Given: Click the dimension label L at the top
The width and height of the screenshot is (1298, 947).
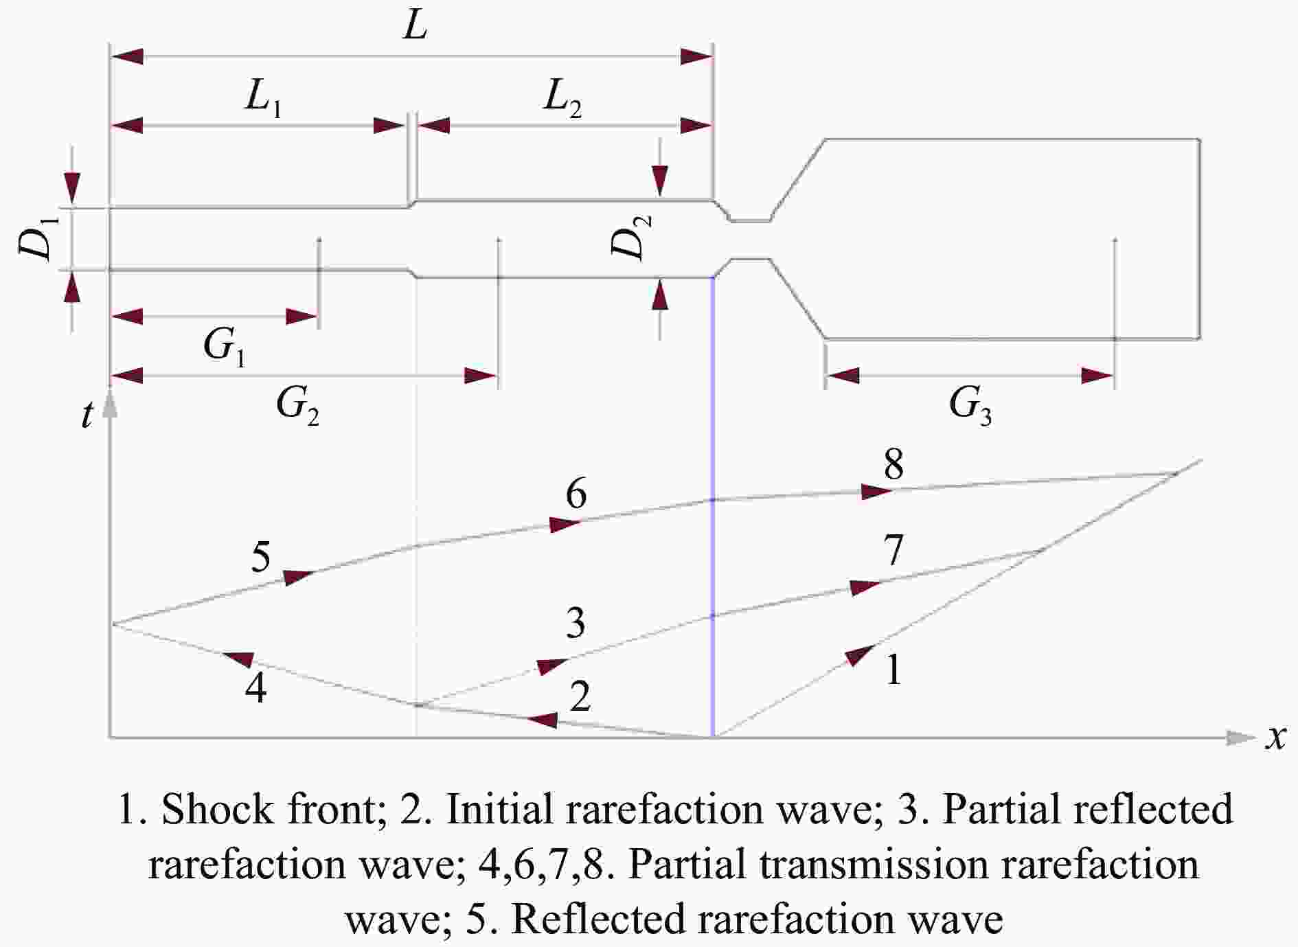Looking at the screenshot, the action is tap(415, 26).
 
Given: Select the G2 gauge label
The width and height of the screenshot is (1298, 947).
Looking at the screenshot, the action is tap(297, 407).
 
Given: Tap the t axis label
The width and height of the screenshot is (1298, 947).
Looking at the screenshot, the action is tap(87, 415).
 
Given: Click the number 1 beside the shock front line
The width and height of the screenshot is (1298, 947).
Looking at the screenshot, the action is tap(893, 670).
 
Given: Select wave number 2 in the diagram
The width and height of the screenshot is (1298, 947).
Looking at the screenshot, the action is tap(580, 696).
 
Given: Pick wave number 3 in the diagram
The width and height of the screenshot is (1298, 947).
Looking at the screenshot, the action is tap(576, 623).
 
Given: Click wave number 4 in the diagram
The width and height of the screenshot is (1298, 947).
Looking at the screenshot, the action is tap(256, 687).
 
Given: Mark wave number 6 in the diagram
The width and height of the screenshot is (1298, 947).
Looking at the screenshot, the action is tap(576, 494).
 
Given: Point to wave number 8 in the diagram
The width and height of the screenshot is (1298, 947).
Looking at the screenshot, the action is tap(893, 465).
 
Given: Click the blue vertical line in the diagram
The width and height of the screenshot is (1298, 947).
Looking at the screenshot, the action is tap(713, 507).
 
